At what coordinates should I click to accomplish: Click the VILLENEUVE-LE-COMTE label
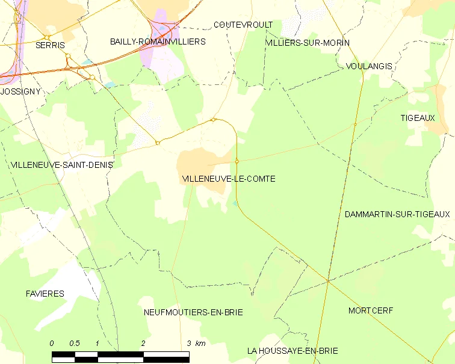coord(228,179)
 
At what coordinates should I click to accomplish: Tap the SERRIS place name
coord(50,45)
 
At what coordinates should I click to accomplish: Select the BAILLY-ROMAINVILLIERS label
coord(158,42)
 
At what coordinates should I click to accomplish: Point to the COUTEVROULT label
coord(243,25)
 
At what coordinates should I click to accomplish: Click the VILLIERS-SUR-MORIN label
coord(308,43)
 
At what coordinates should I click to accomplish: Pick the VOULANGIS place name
coord(370,66)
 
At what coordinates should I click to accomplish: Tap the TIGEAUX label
coord(417,118)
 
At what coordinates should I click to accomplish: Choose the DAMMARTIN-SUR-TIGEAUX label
coord(397,214)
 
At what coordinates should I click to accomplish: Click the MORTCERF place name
coord(370,310)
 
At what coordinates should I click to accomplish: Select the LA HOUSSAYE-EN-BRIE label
coord(292,351)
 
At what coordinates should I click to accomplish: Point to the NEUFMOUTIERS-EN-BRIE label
coord(193,312)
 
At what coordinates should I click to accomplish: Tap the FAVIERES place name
coord(45,294)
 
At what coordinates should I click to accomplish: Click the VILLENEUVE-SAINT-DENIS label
coord(61,164)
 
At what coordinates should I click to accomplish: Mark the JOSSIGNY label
coord(20,91)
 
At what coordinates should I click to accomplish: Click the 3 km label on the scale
coord(197,344)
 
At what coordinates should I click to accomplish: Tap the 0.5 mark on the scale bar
coord(75,344)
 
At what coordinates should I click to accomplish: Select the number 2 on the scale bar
coord(143,344)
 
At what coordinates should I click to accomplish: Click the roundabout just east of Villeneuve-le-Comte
coord(237,161)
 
